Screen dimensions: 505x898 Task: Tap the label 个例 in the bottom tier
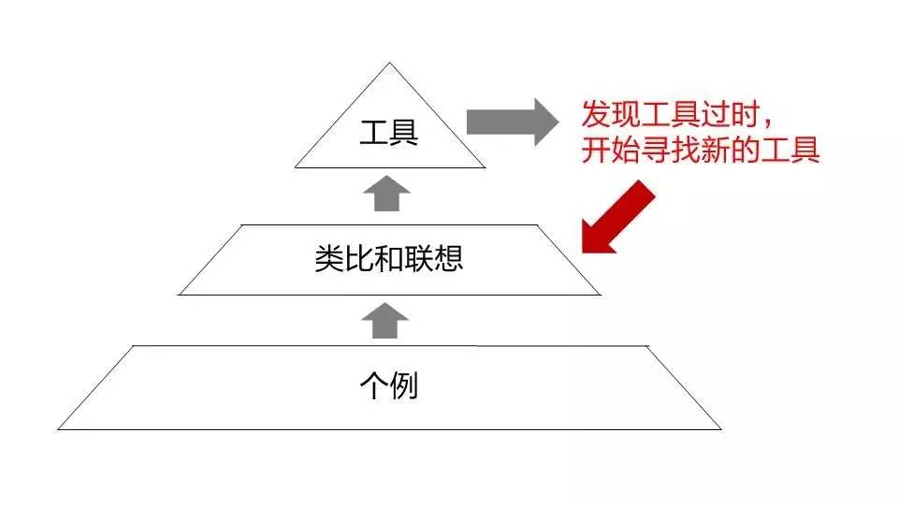click(x=388, y=385)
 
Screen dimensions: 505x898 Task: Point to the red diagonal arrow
click(x=617, y=217)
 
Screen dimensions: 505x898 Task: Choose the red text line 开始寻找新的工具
click(x=701, y=150)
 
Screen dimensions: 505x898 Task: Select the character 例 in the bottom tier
click(x=403, y=385)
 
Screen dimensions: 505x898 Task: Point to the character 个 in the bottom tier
click(x=373, y=385)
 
